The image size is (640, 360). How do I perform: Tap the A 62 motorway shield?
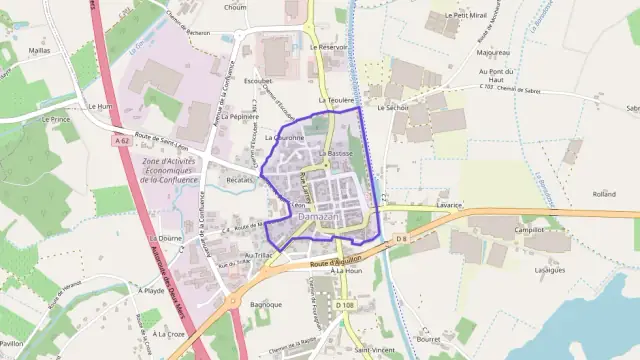pyautogui.click(x=122, y=142)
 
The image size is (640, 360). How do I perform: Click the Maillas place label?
pyautogui.click(x=39, y=49)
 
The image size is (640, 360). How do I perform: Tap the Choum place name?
pyautogui.click(x=235, y=7)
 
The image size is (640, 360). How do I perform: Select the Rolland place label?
pyautogui.click(x=604, y=194)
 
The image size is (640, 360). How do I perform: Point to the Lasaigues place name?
pyautogui.click(x=550, y=269)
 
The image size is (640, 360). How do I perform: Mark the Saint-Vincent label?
pyautogui.click(x=373, y=352)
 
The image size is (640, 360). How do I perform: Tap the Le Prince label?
pyautogui.click(x=55, y=118)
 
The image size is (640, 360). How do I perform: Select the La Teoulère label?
pyautogui.click(x=337, y=100)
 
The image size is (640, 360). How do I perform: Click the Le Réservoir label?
pyautogui.click(x=328, y=47)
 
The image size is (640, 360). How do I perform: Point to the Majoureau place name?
pyautogui.click(x=494, y=52)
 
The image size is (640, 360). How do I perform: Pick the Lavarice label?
pyautogui.click(x=449, y=205)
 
